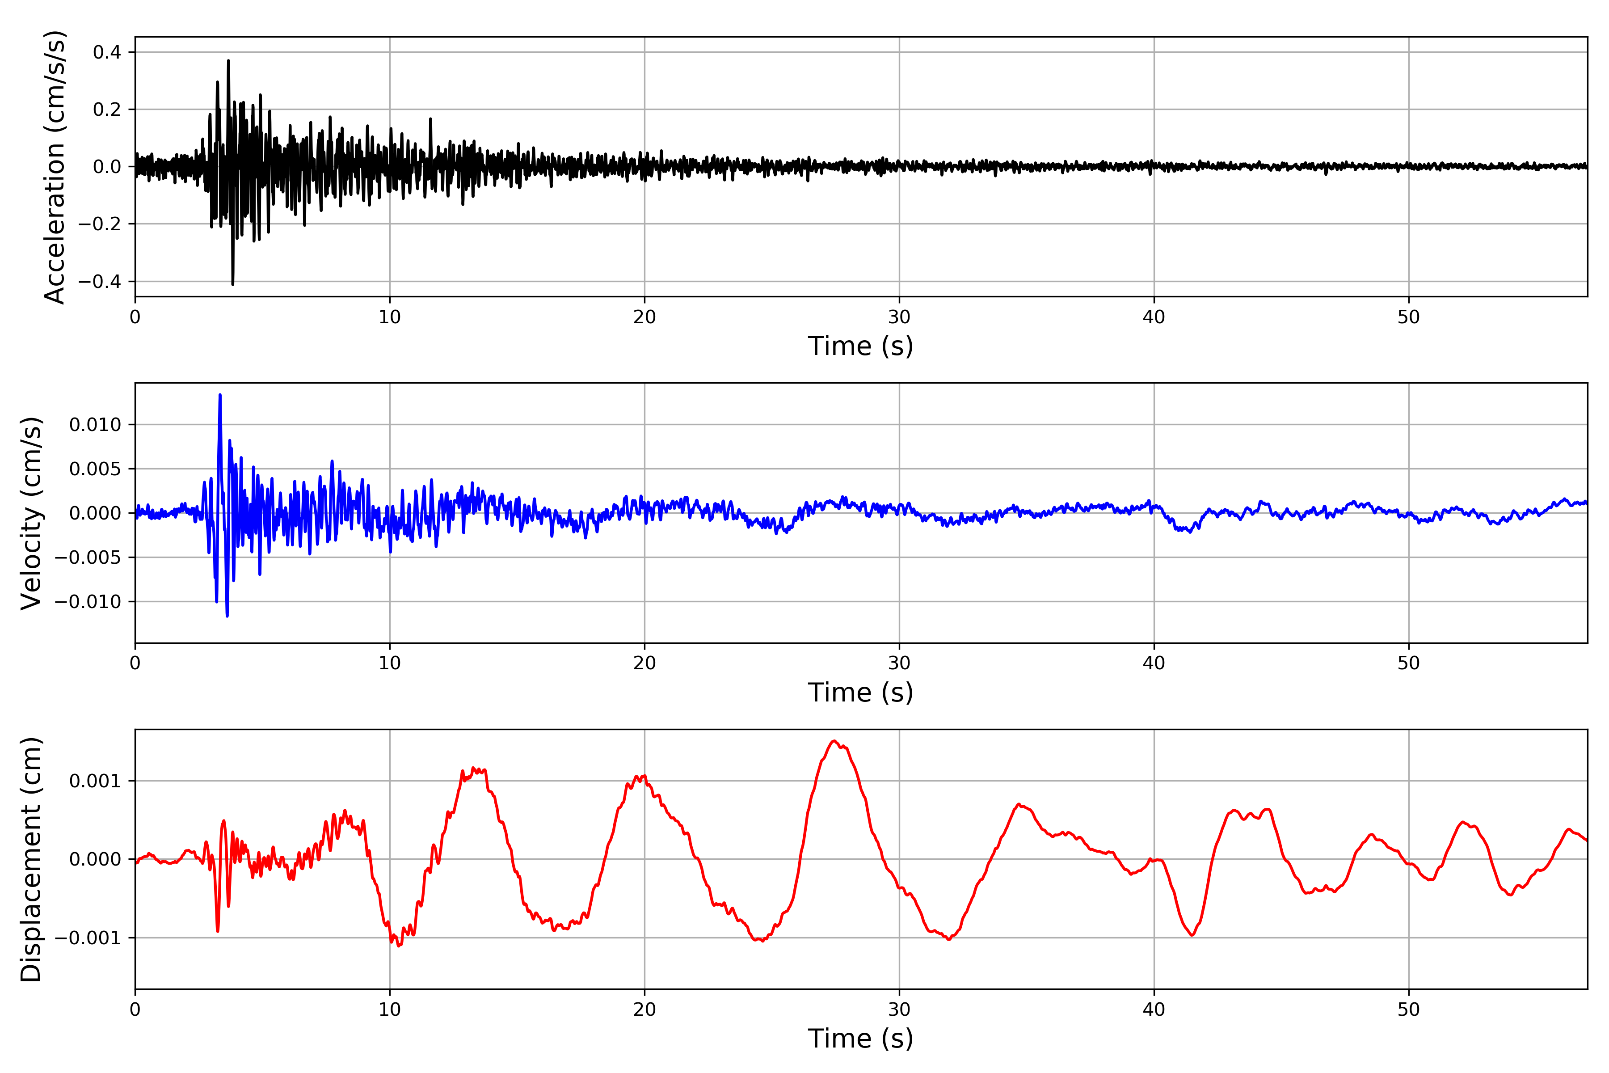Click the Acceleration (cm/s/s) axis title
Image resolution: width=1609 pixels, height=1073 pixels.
click(54, 167)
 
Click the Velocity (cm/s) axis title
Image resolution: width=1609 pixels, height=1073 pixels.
click(31, 512)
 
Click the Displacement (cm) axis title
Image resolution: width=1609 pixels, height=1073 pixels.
click(31, 859)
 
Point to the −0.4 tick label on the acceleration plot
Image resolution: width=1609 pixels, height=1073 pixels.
click(99, 281)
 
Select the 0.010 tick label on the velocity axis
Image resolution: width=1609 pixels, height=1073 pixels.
click(95, 425)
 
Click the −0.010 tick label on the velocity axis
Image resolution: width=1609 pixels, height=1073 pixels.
click(88, 601)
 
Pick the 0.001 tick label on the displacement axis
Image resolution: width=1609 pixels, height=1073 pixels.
click(95, 781)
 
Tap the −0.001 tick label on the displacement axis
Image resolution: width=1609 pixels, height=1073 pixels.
click(88, 938)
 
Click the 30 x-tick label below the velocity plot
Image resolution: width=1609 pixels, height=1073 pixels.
click(899, 663)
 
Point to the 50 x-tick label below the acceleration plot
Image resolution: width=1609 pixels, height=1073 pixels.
click(1409, 317)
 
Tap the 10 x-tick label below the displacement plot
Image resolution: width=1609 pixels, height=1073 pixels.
click(390, 1010)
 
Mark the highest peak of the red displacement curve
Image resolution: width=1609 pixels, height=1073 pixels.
click(834, 741)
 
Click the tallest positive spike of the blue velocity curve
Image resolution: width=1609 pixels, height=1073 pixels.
click(219, 395)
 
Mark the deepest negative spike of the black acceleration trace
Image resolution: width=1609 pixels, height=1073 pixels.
click(232, 283)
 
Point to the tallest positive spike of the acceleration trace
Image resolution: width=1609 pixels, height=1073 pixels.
click(228, 61)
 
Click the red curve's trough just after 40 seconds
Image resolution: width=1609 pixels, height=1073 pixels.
click(1192, 935)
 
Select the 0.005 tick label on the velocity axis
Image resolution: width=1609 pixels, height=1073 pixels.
click(95, 469)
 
